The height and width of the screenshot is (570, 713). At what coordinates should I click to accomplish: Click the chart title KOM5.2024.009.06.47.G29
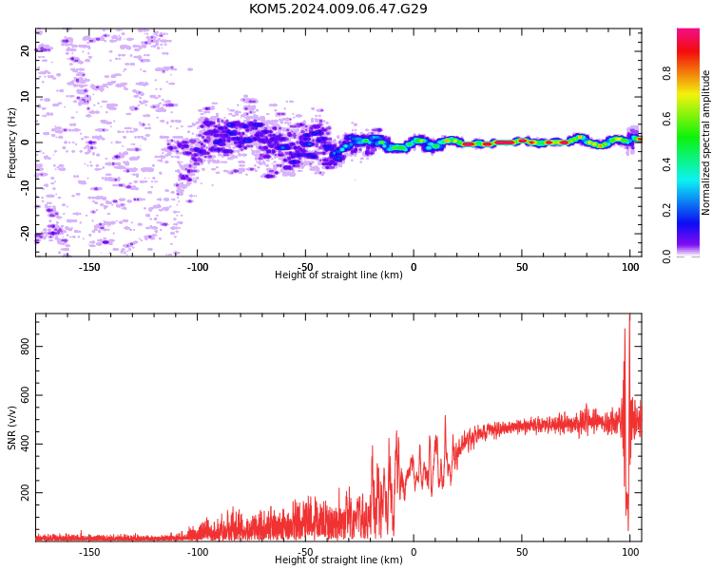pos(338,9)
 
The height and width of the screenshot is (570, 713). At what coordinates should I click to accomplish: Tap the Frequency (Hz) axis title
pos(11,142)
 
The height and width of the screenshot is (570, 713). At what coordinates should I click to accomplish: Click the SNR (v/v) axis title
pos(11,427)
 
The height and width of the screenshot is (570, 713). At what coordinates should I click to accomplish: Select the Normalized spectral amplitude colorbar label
pos(705,142)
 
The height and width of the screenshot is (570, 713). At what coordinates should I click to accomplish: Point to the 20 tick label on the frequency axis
pos(25,51)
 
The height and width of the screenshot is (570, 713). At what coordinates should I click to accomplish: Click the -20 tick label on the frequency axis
pos(25,234)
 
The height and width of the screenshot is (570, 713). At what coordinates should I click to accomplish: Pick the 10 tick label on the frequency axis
pos(25,97)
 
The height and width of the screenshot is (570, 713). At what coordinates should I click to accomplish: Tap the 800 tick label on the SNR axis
pos(25,347)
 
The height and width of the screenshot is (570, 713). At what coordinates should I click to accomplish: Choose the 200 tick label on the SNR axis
pos(25,493)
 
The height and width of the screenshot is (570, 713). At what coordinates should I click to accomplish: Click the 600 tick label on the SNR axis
pos(25,395)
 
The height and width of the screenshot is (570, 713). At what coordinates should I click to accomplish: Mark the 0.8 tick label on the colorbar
pos(666,74)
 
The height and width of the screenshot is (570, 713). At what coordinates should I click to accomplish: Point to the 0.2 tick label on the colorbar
pos(666,211)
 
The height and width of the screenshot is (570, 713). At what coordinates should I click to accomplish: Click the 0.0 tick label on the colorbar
pos(666,256)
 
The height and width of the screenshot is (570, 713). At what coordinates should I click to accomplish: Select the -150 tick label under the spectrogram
pos(89,267)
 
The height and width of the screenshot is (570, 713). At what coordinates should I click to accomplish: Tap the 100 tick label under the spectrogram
pos(630,267)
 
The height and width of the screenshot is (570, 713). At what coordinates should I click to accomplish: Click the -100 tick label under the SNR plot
pos(198,552)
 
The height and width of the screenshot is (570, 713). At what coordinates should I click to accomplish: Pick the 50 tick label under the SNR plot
pos(522,552)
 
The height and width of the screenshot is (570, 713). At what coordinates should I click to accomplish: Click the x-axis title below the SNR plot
pos(338,560)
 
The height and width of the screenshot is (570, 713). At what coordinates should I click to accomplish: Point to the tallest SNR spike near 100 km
pos(629,314)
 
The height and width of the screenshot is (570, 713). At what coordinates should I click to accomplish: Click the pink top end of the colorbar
pos(688,31)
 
